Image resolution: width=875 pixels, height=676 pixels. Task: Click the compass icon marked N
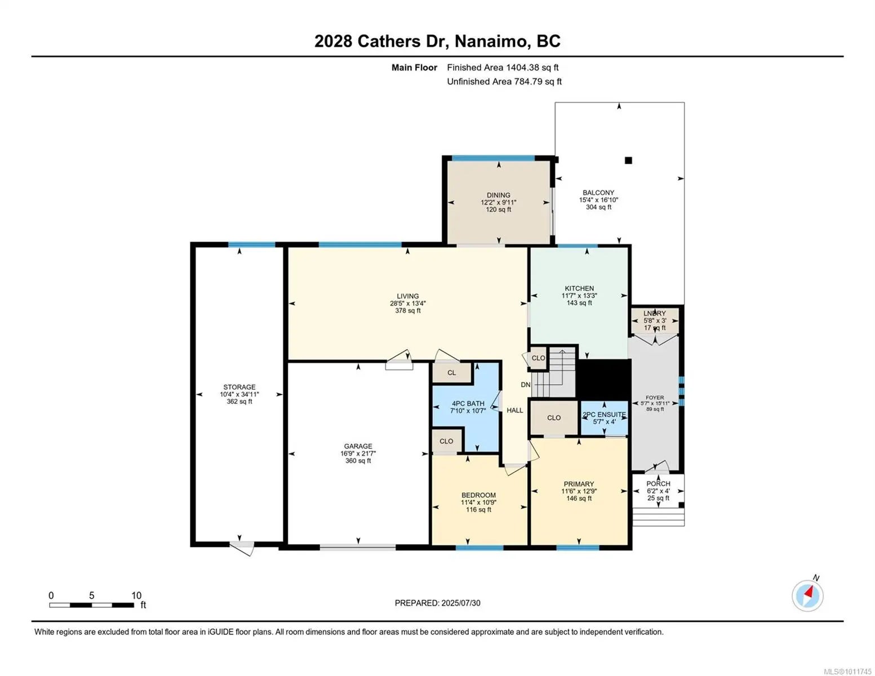pos(807,595)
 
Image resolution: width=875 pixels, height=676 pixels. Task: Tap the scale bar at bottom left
pos(91,604)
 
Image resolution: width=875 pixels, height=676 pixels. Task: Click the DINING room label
pos(498,195)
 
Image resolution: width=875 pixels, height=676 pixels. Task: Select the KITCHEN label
pos(579,288)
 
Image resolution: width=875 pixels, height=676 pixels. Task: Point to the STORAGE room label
pos(239,387)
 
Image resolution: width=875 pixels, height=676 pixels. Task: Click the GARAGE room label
pos(358,446)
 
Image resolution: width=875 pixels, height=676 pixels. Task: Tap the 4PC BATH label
pos(468,403)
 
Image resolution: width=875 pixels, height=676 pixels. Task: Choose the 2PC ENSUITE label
pos(604,414)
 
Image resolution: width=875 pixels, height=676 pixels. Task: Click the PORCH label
pos(659,483)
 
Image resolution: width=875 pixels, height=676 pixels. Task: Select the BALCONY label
pos(598,193)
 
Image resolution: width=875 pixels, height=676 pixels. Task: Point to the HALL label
pos(514,410)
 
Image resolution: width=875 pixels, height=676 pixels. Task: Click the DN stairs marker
pos(526,385)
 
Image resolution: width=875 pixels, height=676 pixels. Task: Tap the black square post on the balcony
pos(628,160)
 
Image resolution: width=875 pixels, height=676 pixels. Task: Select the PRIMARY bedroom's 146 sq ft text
pos(579,498)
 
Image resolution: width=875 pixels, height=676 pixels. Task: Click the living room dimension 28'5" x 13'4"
pos(407,303)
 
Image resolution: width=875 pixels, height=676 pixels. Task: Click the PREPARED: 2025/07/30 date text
pos(437,603)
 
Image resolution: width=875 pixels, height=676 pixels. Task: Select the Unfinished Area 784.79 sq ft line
pos(504,81)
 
